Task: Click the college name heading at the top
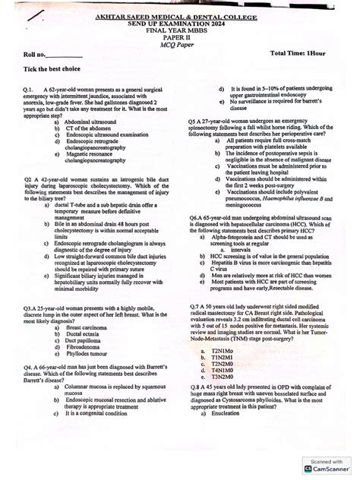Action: (x=180, y=16)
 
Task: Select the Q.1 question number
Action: (x=30, y=90)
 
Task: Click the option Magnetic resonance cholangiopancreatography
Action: (x=96, y=157)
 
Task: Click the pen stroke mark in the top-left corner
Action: (x=31, y=16)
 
